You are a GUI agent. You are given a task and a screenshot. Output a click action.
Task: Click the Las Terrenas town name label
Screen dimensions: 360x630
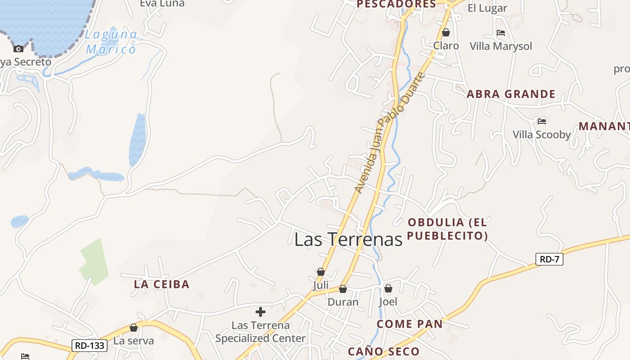click(348, 239)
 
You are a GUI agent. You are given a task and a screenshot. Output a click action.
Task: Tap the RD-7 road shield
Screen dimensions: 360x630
click(549, 259)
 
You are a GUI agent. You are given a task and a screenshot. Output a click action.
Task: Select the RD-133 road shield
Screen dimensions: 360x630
click(90, 346)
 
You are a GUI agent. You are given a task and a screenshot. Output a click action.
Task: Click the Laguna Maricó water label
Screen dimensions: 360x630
click(111, 41)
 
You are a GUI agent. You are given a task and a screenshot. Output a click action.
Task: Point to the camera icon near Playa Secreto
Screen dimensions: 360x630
click(18, 49)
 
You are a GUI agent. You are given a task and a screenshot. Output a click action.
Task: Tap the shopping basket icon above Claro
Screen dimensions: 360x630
click(446, 33)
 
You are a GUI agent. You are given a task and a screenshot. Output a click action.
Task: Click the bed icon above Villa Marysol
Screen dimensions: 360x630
click(500, 33)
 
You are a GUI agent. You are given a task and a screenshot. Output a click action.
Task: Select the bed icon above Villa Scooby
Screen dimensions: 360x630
click(541, 121)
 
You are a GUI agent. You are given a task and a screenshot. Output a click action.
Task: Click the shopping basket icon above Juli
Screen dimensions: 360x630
click(321, 272)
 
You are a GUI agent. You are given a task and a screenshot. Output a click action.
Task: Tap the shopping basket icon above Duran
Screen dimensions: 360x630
click(343, 289)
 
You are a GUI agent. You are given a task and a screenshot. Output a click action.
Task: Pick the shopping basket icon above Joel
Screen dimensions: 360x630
click(388, 288)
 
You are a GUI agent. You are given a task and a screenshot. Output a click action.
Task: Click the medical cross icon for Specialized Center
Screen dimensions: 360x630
click(260, 311)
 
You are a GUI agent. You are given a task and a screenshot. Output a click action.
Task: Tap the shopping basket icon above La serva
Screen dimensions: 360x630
click(133, 328)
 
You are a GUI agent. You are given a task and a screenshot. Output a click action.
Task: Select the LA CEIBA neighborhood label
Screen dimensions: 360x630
click(162, 284)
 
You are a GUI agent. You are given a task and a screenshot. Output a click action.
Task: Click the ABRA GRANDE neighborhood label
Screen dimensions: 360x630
click(511, 94)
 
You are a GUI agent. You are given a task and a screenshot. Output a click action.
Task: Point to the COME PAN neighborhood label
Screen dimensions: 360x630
click(409, 324)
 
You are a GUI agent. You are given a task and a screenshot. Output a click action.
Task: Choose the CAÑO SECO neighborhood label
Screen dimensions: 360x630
click(383, 351)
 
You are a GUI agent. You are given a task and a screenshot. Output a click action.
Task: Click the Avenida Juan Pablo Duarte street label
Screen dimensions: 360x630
click(389, 133)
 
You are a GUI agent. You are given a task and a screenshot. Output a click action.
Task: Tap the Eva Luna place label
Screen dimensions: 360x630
click(162, 4)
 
